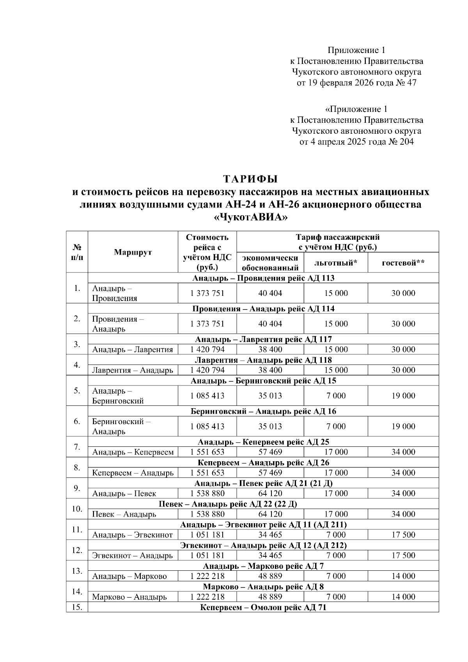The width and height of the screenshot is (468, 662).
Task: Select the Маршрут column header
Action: click(x=133, y=252)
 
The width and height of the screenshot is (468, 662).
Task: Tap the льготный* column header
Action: click(x=336, y=263)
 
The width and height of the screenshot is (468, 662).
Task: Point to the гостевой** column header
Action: click(x=403, y=263)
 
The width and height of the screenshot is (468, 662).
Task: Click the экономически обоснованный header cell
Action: click(x=270, y=262)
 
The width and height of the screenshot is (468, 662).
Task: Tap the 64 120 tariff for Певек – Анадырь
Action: click(x=270, y=514)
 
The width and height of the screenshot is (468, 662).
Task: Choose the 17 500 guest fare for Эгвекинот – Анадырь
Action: click(x=403, y=555)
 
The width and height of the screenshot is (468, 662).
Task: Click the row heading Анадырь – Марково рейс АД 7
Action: click(x=263, y=566)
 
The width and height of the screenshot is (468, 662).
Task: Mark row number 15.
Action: click(x=77, y=607)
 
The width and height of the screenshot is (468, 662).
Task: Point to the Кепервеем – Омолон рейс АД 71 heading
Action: click(x=263, y=607)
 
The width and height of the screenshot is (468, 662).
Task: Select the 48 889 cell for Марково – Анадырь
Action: click(x=270, y=597)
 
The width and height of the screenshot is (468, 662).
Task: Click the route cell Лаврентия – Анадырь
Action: click(x=133, y=370)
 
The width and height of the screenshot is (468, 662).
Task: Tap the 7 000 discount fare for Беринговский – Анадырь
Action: click(x=336, y=426)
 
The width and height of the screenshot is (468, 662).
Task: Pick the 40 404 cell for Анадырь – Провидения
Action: click(x=270, y=293)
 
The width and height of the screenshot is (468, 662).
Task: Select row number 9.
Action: click(x=77, y=488)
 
